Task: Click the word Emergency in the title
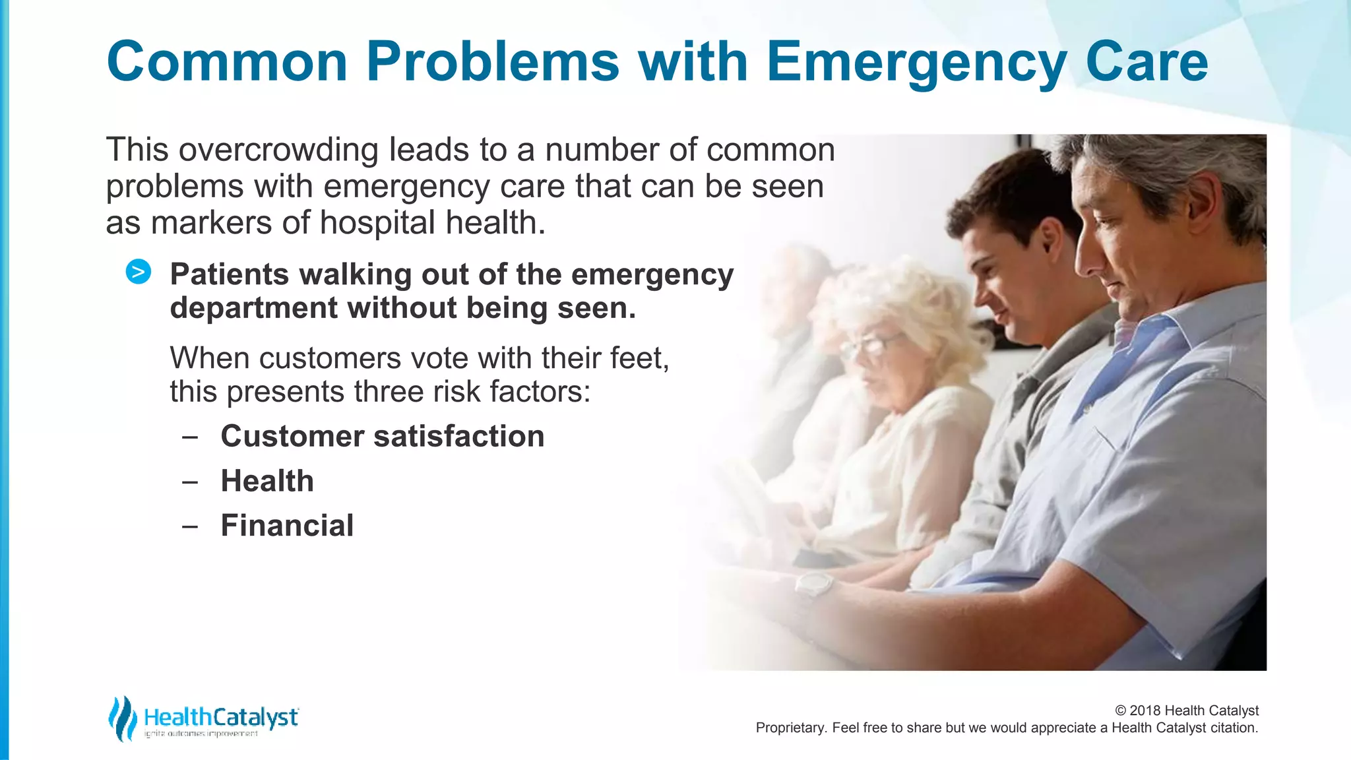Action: (x=916, y=63)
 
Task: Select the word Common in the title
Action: (x=227, y=61)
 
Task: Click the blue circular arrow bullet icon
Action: (x=139, y=272)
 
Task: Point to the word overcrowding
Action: (x=278, y=150)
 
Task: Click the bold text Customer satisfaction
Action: (x=382, y=436)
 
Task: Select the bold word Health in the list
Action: (x=267, y=481)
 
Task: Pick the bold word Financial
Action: (x=287, y=526)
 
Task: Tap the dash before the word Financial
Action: (x=190, y=526)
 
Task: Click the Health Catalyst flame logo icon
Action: (x=122, y=718)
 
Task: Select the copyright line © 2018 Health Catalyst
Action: (x=1186, y=711)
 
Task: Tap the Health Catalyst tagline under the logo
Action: (x=201, y=734)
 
